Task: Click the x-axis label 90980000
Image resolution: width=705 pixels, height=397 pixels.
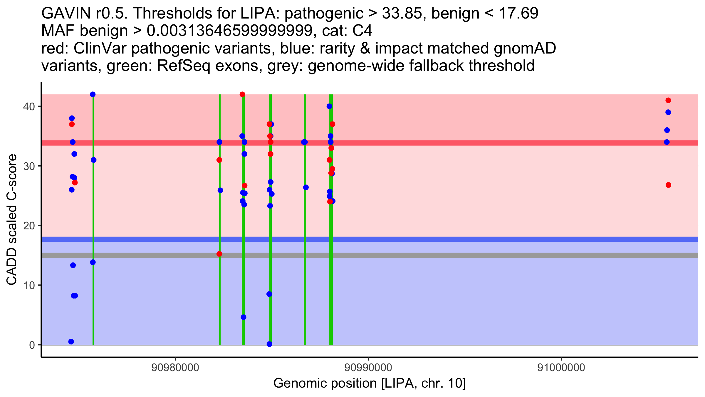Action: tap(175, 368)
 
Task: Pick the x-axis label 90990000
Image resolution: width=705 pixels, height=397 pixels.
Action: tap(368, 368)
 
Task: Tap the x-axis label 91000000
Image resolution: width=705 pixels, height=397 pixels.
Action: tap(561, 368)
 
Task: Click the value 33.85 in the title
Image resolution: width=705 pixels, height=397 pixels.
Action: tap(404, 13)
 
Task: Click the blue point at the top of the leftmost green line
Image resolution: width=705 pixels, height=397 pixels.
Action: tap(93, 94)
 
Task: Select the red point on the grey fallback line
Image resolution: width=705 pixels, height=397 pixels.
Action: tap(219, 254)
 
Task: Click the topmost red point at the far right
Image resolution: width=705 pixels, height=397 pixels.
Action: tap(668, 100)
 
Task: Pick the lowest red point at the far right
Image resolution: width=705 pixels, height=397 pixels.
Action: tap(668, 185)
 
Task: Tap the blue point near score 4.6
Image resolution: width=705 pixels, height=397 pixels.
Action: tap(244, 317)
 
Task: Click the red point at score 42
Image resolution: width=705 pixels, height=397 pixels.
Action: tap(242, 94)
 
